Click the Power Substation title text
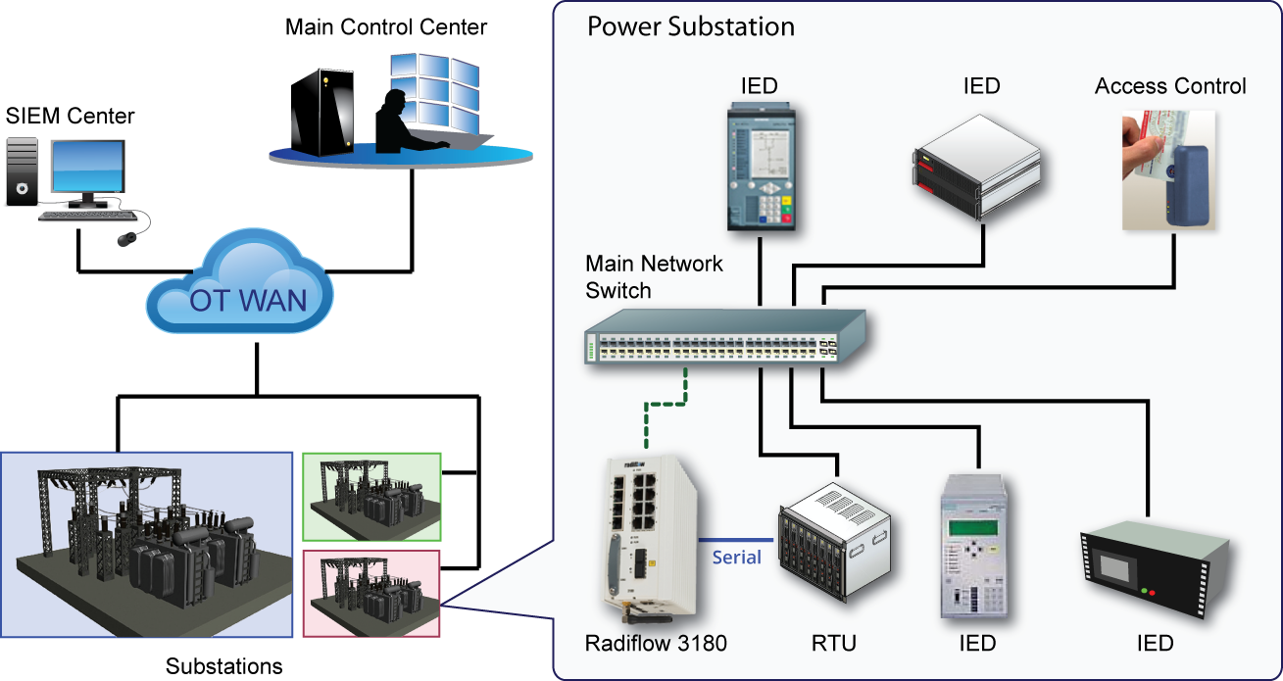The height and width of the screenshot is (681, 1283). click(690, 26)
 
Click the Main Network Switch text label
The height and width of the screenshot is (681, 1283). click(654, 277)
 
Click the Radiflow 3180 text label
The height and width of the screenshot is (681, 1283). click(656, 644)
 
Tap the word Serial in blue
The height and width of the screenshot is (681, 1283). click(736, 558)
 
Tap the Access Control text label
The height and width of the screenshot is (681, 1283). click(1170, 86)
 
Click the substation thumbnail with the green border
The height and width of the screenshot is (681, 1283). click(371, 498)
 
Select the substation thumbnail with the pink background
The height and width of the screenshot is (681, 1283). click(371, 594)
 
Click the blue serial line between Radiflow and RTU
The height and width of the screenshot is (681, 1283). click(720, 540)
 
